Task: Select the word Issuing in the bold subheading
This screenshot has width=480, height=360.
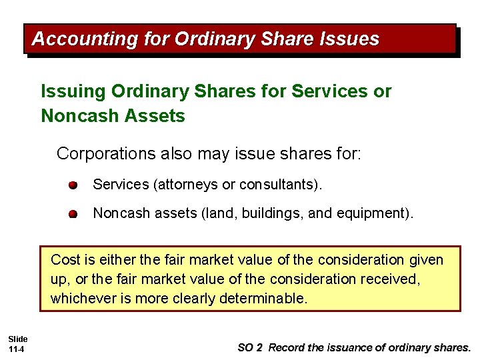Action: [73, 91]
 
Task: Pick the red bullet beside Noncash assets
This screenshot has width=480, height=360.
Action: [72, 214]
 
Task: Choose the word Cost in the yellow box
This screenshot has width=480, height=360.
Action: [65, 259]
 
